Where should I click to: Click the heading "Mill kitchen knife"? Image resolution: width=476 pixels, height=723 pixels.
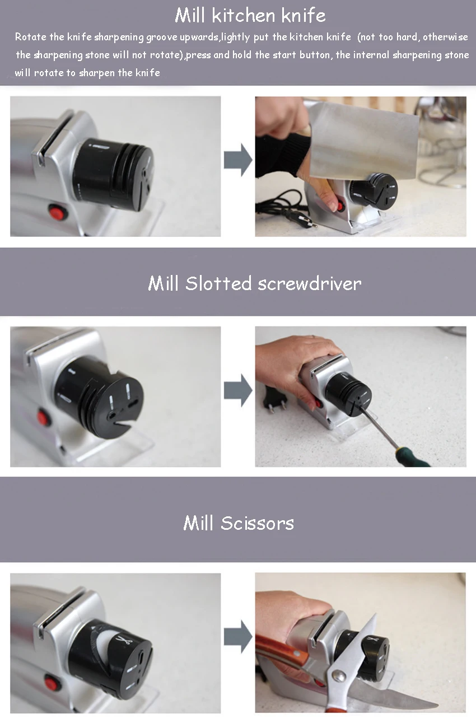point(250,16)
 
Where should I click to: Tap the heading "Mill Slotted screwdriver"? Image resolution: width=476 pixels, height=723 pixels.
point(255,283)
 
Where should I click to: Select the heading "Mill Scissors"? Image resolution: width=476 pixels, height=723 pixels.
point(239,523)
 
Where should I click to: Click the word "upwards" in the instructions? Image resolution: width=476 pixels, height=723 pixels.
point(199,37)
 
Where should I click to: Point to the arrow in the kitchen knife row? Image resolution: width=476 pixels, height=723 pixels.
point(238,160)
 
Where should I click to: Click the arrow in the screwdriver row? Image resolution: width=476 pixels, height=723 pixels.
point(238,390)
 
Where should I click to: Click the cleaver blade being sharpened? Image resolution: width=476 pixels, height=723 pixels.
point(363,142)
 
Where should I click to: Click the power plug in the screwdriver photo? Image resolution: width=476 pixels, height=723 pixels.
point(274,400)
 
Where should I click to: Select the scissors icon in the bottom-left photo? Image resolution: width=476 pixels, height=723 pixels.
point(122,640)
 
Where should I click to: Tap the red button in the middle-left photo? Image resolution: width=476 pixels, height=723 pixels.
point(43,417)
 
